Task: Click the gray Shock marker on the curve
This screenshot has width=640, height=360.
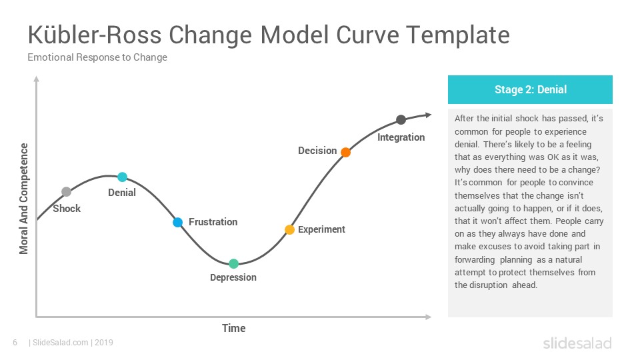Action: (x=66, y=191)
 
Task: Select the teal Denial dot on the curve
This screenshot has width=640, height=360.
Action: (x=123, y=177)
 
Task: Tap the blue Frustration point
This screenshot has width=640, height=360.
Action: (x=177, y=223)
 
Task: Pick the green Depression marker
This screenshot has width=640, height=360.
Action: (x=233, y=264)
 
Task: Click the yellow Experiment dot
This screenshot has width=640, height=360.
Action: (x=289, y=230)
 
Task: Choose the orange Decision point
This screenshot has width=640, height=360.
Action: (x=346, y=152)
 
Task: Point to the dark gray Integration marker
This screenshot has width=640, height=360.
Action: (x=401, y=119)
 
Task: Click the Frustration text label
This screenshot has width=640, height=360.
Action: (x=213, y=222)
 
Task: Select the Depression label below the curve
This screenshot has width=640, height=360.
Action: (x=233, y=277)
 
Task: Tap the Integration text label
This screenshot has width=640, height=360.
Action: (x=401, y=137)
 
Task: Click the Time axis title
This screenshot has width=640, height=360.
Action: (x=234, y=328)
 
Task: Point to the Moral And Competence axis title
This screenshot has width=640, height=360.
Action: (x=24, y=199)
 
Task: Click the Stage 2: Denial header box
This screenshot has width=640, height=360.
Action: (x=530, y=89)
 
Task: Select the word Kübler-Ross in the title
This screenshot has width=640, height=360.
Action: (x=95, y=35)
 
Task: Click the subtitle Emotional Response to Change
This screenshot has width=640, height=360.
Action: (x=97, y=57)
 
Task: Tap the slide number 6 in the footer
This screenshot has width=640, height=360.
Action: (x=15, y=343)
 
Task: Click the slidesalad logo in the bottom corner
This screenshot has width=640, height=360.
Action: (x=577, y=343)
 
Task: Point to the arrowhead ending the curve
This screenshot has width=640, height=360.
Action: (x=429, y=115)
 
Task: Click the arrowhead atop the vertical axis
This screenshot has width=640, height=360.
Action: (x=36, y=79)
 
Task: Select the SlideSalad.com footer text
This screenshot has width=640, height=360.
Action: (x=61, y=343)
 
